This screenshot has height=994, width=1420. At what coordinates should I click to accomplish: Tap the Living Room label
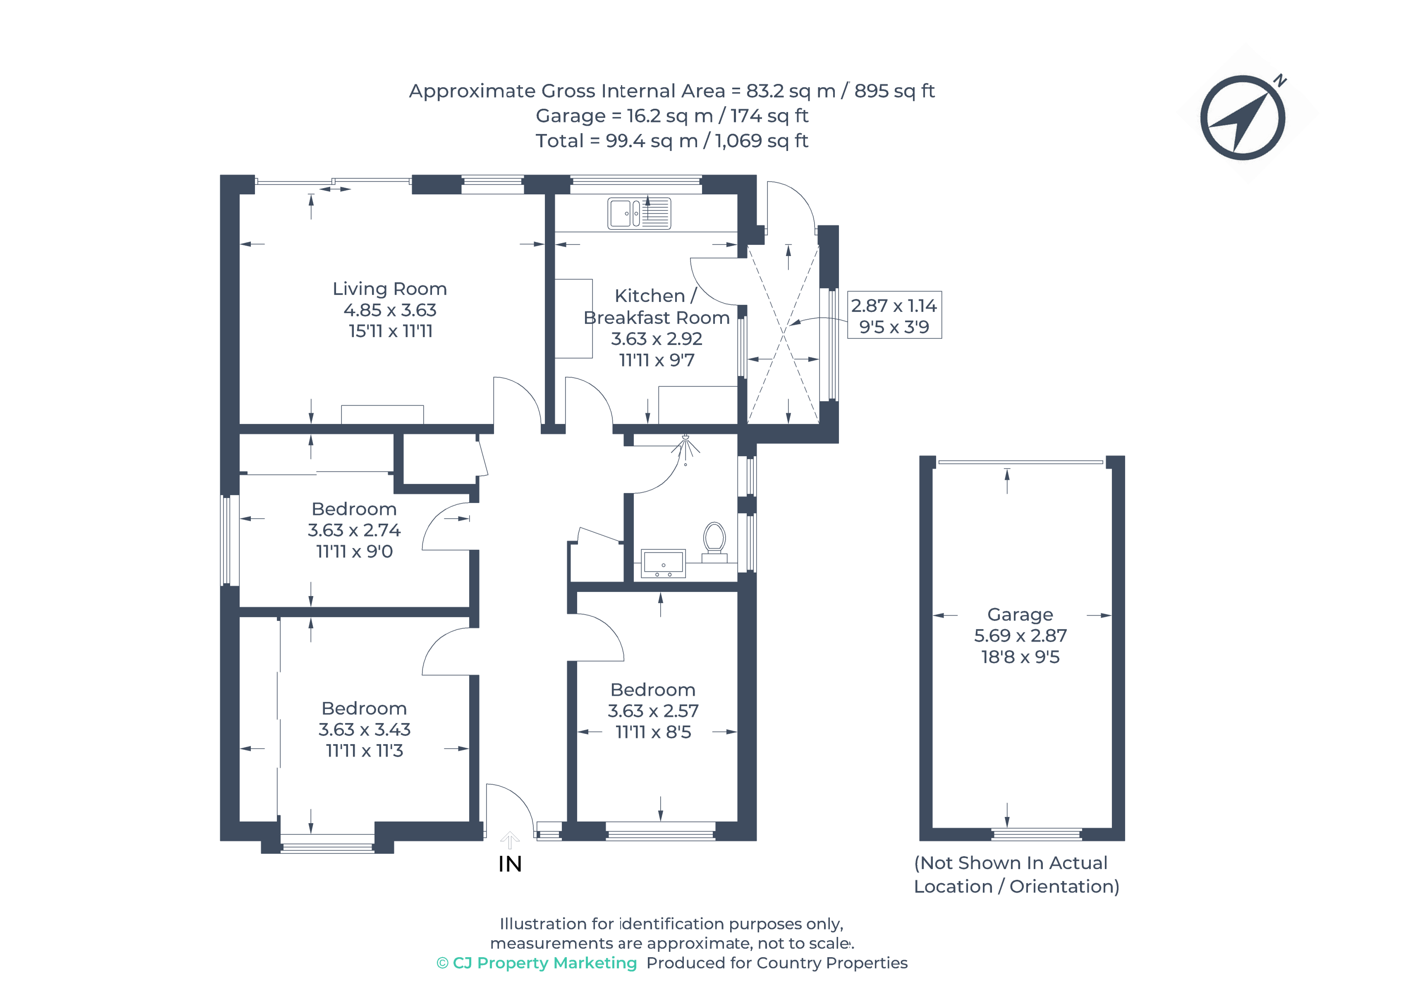click(x=390, y=289)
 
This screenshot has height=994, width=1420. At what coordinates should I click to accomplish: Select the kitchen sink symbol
click(x=639, y=213)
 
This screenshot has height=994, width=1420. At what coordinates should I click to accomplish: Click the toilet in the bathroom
click(x=714, y=539)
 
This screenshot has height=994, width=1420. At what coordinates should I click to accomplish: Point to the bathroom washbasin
click(x=663, y=563)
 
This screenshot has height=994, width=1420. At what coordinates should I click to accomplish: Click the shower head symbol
click(x=685, y=447)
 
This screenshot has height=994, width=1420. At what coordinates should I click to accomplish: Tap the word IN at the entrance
click(x=510, y=864)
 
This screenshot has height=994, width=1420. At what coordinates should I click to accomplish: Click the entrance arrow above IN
click(x=510, y=840)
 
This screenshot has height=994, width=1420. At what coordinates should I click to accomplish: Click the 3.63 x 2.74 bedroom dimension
click(x=354, y=530)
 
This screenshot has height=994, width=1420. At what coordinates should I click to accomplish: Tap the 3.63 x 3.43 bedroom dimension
click(x=364, y=729)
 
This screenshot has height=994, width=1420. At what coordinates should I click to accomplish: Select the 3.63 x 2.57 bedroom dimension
click(x=653, y=711)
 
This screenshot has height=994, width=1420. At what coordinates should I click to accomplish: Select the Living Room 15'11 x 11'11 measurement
click(x=390, y=331)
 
